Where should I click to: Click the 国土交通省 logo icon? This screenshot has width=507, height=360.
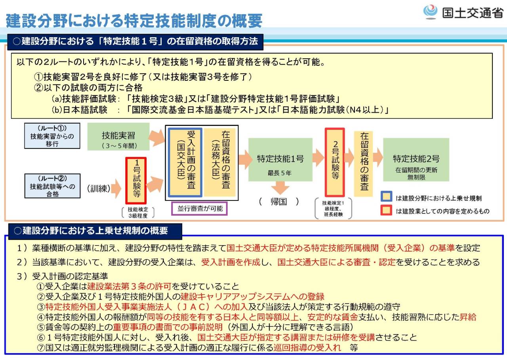coord(430,12)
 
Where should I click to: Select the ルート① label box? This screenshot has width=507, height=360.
coord(52,136)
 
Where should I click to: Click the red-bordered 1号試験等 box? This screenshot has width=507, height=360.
coord(136,181)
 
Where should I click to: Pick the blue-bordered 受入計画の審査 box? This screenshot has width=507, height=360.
coord(185,162)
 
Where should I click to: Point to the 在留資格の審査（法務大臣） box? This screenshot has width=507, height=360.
coord(220,162)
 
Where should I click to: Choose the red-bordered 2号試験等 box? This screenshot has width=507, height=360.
coord(335,162)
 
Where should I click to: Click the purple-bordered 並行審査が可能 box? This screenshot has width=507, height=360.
coord(199,209)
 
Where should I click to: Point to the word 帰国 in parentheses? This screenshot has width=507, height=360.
coord(279,201)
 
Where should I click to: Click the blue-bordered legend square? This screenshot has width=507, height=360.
coord(387,198)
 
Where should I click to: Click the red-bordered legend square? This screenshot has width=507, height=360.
coord(387,211)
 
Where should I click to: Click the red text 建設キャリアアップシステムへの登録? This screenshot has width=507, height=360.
coord(252,296)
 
